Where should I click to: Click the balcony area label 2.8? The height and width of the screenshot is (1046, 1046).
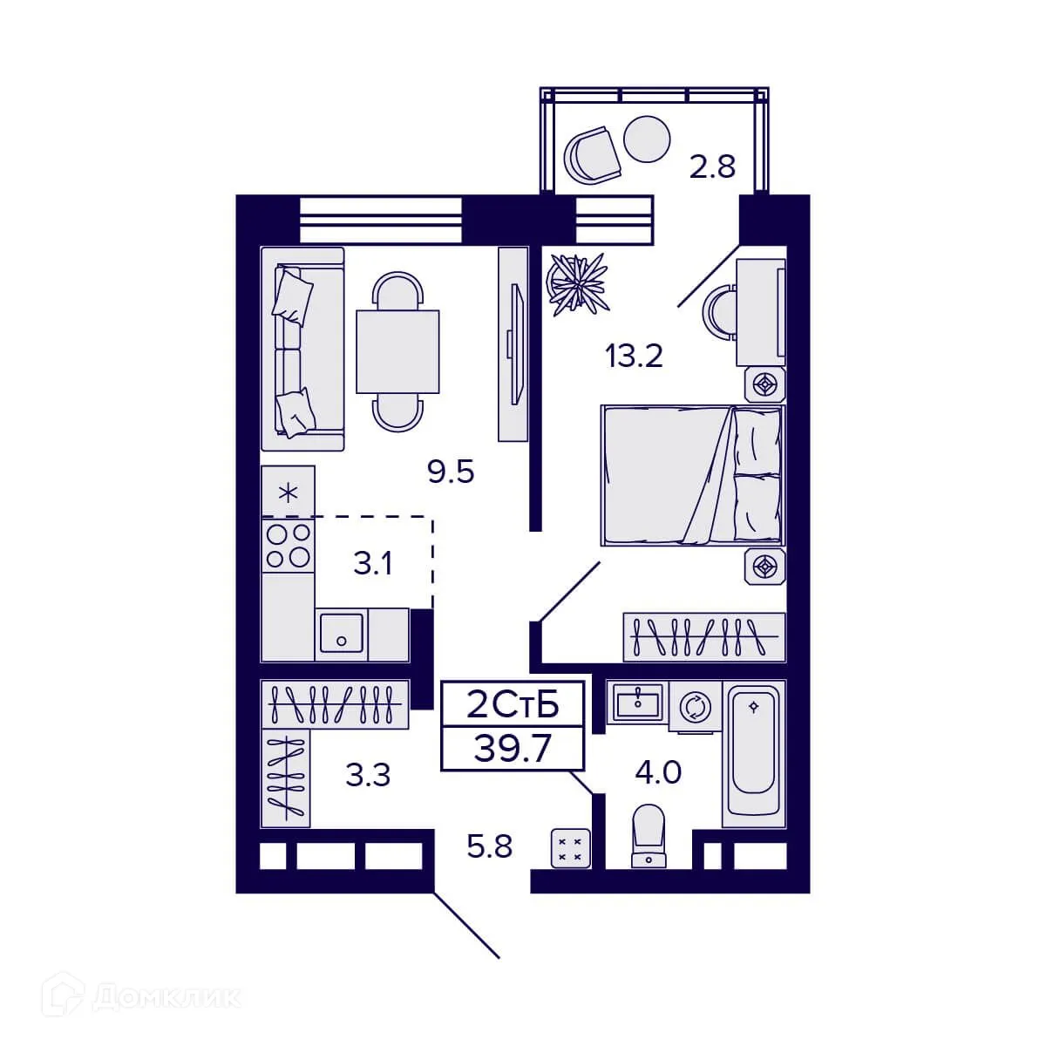pos(712,166)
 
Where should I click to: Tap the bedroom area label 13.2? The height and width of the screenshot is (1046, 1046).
pos(635,356)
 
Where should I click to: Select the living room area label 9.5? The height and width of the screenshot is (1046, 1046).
pos(450,472)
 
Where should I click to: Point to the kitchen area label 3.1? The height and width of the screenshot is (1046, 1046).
pos(372,564)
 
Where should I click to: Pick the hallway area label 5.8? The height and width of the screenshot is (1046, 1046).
pos(489,846)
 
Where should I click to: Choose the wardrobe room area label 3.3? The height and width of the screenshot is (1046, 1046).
pos(368,774)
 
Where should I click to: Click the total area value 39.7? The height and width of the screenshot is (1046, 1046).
pos(513,749)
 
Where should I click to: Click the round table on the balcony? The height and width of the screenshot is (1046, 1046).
pos(649,139)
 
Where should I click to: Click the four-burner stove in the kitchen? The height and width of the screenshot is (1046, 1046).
pos(288,545)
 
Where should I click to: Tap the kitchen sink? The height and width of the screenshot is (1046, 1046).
pos(341,633)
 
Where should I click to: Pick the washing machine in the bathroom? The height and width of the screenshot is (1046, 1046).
pos(695,706)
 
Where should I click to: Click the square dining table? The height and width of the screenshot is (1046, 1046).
pos(397,351)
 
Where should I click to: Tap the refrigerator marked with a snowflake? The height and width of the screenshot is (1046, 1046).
pos(288,492)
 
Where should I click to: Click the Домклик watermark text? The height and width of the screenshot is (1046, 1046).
pos(166,996)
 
